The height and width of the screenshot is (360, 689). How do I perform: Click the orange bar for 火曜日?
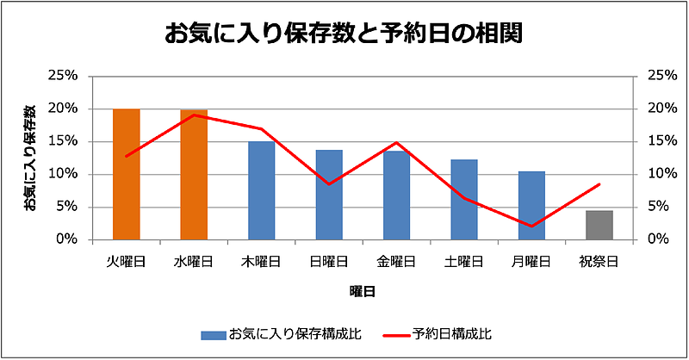click(126, 174)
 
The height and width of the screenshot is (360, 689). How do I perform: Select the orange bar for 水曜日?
click(194, 174)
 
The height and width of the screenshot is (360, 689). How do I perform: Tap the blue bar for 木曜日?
click(261, 190)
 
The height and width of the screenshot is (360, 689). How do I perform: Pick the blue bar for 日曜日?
click(329, 195)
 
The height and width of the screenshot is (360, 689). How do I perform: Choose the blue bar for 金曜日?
click(396, 195)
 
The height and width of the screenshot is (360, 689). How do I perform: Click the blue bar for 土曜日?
click(464, 199)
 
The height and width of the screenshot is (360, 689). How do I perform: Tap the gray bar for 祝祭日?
click(599, 225)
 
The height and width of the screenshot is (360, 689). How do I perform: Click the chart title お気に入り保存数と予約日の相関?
click(344, 34)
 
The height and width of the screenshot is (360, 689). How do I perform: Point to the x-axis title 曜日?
click(362, 292)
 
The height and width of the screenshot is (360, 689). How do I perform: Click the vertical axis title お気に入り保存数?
click(30, 158)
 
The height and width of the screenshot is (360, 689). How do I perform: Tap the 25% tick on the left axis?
click(63, 76)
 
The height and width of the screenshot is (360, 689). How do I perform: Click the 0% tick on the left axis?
click(66, 239)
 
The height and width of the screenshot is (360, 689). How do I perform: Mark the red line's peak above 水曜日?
click(194, 115)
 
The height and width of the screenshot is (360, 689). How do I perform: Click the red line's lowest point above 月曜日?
click(531, 227)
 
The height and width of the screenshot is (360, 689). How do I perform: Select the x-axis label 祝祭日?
click(599, 260)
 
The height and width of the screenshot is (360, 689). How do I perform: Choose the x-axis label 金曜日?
click(396, 260)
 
